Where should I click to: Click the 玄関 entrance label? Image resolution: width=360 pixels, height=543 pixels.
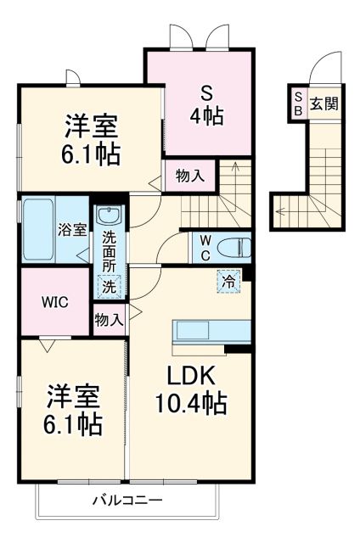323,104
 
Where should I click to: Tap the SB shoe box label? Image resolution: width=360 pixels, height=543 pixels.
299,104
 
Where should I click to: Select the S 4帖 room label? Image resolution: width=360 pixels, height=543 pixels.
206,104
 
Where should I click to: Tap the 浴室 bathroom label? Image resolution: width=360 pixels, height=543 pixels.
71,229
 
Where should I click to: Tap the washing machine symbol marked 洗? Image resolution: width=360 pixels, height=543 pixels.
110,286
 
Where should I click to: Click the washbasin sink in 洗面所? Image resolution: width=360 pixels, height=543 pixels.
109,217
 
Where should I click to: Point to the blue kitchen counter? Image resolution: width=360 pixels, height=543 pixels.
211,330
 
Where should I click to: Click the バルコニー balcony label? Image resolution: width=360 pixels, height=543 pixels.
127,501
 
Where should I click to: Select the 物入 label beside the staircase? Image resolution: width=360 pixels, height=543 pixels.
190,176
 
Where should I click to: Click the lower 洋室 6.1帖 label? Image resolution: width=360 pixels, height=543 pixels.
74,409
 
